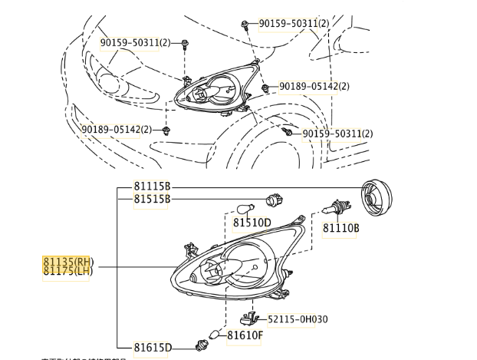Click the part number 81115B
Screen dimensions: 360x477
point(151,187)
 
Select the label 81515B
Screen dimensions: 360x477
point(151,200)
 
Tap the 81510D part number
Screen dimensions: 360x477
point(252,223)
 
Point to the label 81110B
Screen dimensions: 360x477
point(340,228)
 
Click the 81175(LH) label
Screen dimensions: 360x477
point(67,271)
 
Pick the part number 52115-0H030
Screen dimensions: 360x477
point(298,319)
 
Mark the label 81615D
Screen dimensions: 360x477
point(151,348)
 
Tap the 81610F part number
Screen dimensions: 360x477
point(245,335)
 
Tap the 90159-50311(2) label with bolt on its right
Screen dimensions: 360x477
point(135,43)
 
